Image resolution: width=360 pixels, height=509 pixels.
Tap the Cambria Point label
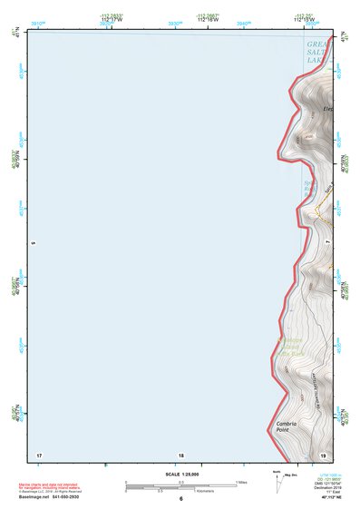(x=287, y=426)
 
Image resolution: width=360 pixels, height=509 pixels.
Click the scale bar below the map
(x=180, y=486)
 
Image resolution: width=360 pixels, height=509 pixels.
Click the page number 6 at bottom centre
(x=181, y=499)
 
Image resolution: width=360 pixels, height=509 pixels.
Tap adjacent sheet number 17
(x=38, y=455)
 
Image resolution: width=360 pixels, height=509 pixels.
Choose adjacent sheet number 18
(x=181, y=455)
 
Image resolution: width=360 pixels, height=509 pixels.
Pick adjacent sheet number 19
(x=323, y=455)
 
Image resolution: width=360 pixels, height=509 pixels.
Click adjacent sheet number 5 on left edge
(x=33, y=243)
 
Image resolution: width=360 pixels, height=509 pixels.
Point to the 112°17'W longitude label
(x=112, y=20)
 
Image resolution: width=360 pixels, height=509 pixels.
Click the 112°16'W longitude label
(x=208, y=20)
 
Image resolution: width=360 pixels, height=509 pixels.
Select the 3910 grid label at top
(x=38, y=22)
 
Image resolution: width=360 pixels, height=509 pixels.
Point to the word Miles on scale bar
(x=242, y=481)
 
